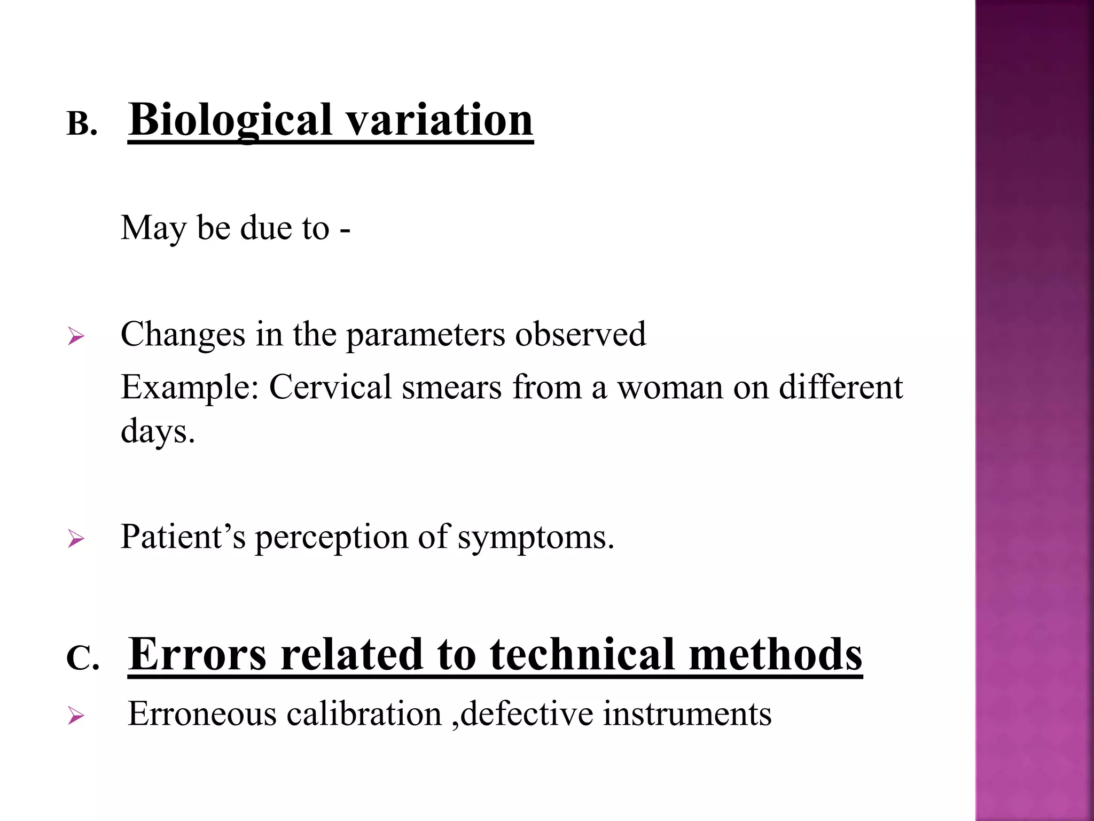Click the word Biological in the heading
coord(231,120)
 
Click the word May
coord(153,228)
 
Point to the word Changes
coord(183,335)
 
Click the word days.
coord(158,431)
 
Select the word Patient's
coord(183,537)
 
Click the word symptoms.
coord(536,538)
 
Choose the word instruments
coord(687,714)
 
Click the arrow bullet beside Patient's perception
coord(76,539)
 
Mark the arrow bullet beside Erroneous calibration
coord(76,716)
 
